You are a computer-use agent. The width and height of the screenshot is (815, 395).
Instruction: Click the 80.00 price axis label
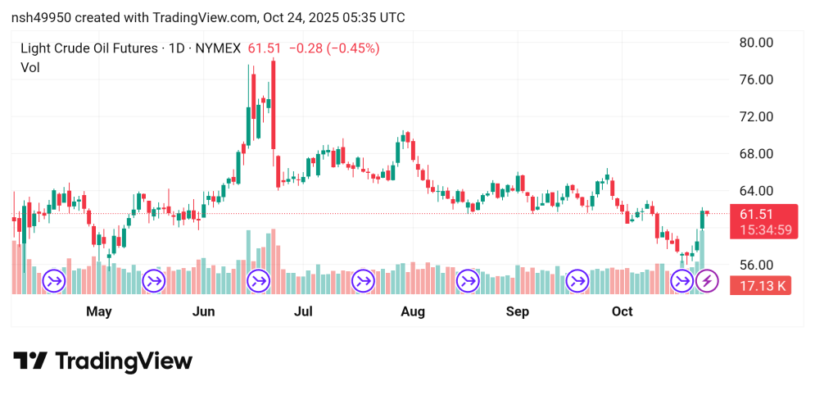[x=756, y=43]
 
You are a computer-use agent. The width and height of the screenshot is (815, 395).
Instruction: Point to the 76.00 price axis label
[x=756, y=79]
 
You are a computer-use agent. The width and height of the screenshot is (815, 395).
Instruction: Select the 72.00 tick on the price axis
[x=756, y=116]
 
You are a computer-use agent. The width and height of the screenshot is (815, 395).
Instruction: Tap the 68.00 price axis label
[x=756, y=154]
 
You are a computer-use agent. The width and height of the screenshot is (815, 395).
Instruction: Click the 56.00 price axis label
[x=756, y=265]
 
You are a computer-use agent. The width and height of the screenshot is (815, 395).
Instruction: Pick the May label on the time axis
[x=98, y=311]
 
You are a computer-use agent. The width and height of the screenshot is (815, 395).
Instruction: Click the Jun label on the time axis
[x=203, y=311]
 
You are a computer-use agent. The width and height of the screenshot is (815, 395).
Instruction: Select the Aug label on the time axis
[x=413, y=311]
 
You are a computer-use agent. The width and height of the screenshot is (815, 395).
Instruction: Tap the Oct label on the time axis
[x=623, y=311]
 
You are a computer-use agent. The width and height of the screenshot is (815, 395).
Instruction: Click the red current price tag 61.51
[x=757, y=214]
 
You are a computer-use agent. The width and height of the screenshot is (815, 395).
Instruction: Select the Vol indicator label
[x=30, y=67]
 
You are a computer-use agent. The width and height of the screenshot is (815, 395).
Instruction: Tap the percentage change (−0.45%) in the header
[x=353, y=48]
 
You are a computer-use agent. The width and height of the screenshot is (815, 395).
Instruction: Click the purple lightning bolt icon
[x=707, y=282]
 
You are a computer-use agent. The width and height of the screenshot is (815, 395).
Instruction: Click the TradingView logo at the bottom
[x=103, y=361]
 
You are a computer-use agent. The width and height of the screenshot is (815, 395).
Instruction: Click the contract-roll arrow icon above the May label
[x=55, y=282]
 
